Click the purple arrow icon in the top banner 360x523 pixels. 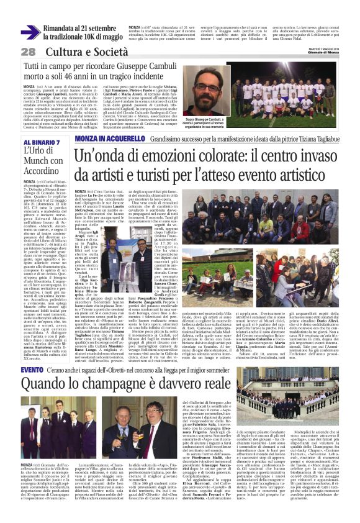click(x=30, y=32)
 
